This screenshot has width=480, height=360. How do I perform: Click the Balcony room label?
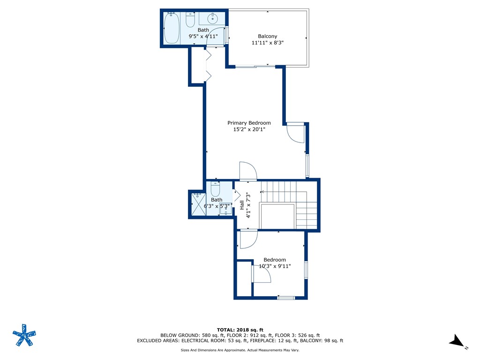pos(268,36)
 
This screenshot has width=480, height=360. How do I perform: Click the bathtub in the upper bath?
pos(172,28)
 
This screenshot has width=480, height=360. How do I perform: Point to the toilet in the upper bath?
pos(190,21)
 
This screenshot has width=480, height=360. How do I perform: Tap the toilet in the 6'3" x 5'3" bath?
pos(216,190)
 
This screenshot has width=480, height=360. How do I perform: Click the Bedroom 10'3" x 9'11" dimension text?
pos(275,266)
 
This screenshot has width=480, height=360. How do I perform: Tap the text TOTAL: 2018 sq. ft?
pos(240,330)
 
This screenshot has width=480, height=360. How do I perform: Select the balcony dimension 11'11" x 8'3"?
pos(268,43)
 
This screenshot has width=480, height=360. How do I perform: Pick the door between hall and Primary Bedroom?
pos(248,171)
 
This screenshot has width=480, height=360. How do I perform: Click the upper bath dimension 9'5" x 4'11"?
pos(203,36)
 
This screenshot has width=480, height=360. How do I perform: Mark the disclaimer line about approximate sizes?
pos(240,350)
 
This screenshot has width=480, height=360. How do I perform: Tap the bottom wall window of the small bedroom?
pos(285,297)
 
